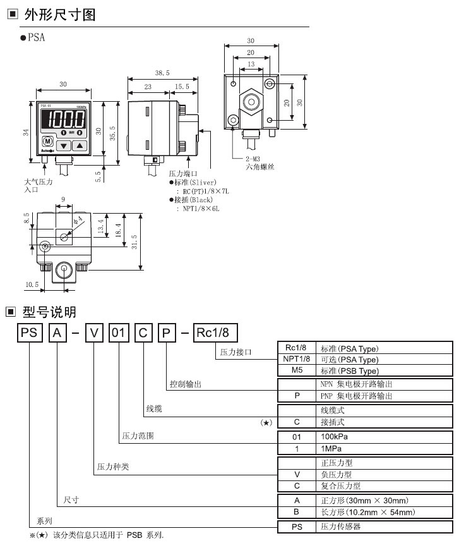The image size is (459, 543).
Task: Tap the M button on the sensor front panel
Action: pyautogui.click(x=47, y=143)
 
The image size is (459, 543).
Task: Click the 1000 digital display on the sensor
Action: pyautogui.click(x=63, y=119)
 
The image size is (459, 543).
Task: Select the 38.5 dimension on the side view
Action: pyautogui.click(x=162, y=73)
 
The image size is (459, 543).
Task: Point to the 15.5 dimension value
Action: pyautogui.click(x=182, y=87)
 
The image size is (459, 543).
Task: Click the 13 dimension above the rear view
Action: pyautogui.click(x=251, y=64)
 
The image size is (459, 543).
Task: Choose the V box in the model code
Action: pyautogui.click(x=93, y=332)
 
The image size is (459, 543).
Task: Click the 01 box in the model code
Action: pyautogui.click(x=118, y=332)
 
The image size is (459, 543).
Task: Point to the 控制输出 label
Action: pyautogui.click(x=182, y=384)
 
